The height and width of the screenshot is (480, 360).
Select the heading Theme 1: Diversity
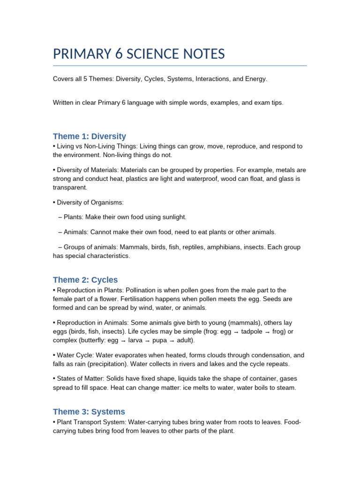[x=90, y=136]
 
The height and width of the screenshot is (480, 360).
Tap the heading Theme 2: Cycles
[x=85, y=280]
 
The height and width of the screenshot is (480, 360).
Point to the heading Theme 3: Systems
[x=89, y=412]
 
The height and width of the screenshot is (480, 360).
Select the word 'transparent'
[x=69, y=187]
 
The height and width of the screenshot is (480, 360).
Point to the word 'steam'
[x=285, y=388]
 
